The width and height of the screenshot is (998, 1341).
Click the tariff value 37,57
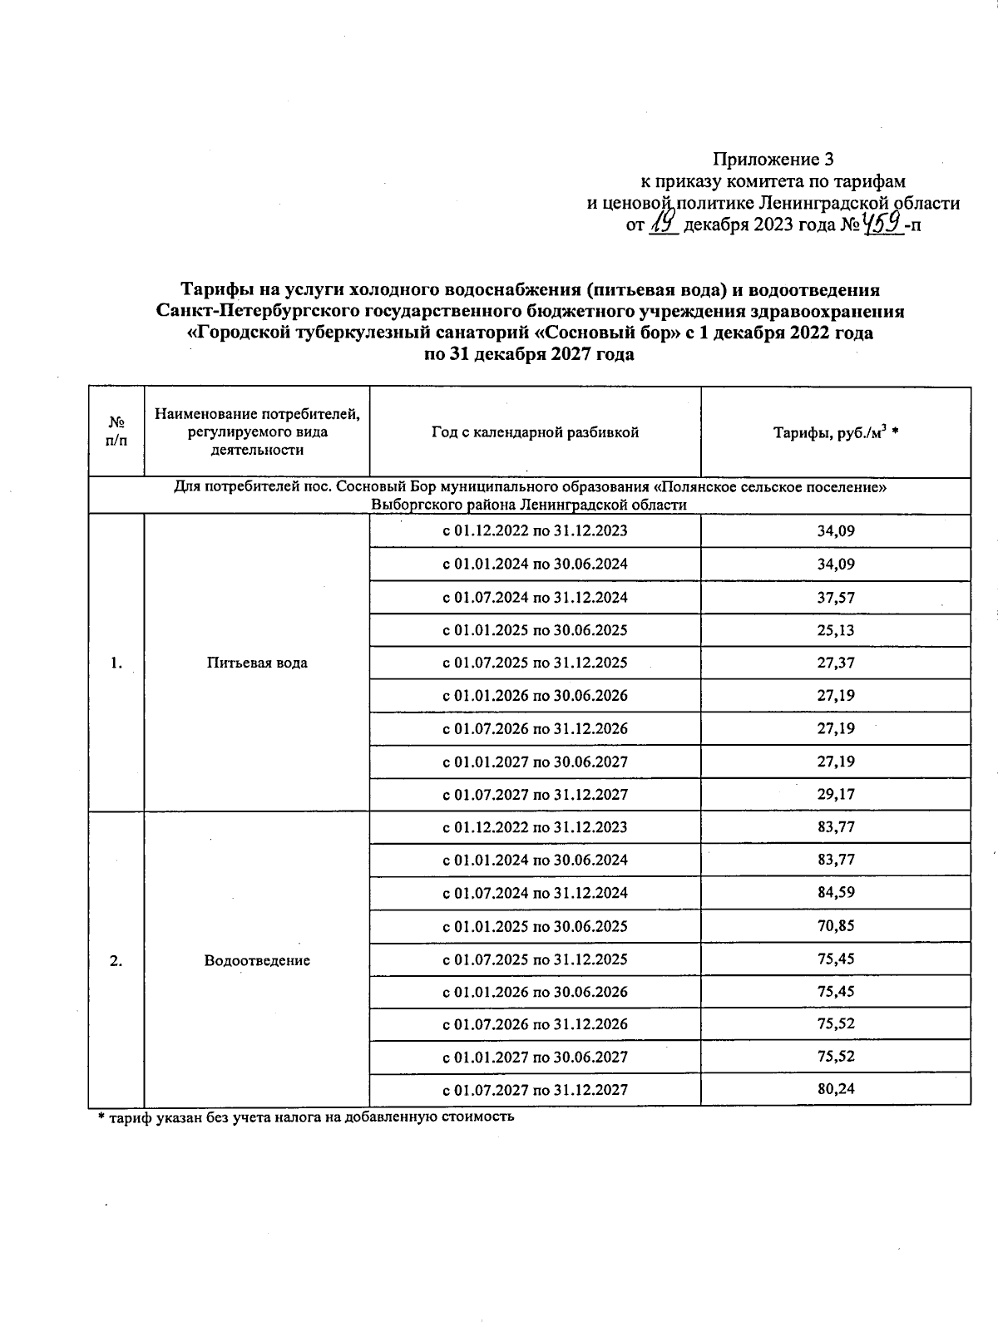tap(835, 598)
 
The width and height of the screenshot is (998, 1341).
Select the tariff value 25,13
tap(835, 630)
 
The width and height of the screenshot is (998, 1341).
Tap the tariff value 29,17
tap(835, 795)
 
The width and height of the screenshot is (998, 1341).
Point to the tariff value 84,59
tap(835, 893)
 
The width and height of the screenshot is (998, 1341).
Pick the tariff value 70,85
tap(835, 926)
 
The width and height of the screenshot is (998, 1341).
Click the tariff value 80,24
tap(835, 1090)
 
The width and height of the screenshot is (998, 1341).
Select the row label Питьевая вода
tap(256, 663)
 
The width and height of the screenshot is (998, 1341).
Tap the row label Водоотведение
tap(256, 960)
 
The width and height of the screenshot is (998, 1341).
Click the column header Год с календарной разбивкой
tap(535, 432)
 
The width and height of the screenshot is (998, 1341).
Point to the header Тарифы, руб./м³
tap(835, 432)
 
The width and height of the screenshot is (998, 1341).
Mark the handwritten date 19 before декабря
tap(663, 223)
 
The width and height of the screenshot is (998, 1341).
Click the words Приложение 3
tap(773, 159)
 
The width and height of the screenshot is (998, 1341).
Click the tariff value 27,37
tap(835, 663)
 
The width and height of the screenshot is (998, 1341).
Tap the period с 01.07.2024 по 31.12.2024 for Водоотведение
tap(535, 893)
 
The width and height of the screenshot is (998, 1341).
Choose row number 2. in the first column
tap(116, 960)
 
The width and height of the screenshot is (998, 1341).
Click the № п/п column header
tap(116, 432)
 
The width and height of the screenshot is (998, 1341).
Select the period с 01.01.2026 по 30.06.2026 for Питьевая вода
tap(535, 696)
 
